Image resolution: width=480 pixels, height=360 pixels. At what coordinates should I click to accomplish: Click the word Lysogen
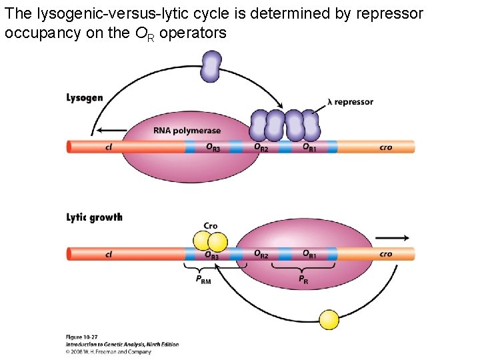click(x=85, y=98)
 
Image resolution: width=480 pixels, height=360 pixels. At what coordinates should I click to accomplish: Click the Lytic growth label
click(x=94, y=217)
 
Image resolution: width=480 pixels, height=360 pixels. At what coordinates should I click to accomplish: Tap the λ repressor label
click(x=350, y=102)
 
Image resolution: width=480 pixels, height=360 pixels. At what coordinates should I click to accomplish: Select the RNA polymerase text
click(x=187, y=131)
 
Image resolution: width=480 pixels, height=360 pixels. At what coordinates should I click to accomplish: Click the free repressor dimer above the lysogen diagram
click(x=211, y=67)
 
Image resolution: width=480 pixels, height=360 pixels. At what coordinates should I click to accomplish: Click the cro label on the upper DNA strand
click(x=385, y=147)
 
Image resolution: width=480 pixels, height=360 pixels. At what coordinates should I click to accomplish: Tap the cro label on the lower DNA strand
click(x=385, y=254)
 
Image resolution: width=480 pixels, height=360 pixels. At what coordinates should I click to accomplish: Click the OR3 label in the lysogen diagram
click(x=213, y=148)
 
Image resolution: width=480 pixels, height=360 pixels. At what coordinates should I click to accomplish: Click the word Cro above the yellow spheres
click(x=211, y=226)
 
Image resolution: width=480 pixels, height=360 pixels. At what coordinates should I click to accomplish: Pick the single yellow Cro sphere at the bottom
click(x=329, y=319)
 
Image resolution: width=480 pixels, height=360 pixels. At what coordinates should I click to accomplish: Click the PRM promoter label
click(x=203, y=281)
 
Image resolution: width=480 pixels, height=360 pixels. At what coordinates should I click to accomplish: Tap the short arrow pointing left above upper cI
click(x=111, y=131)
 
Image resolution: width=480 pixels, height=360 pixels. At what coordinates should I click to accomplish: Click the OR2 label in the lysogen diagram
click(x=261, y=147)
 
